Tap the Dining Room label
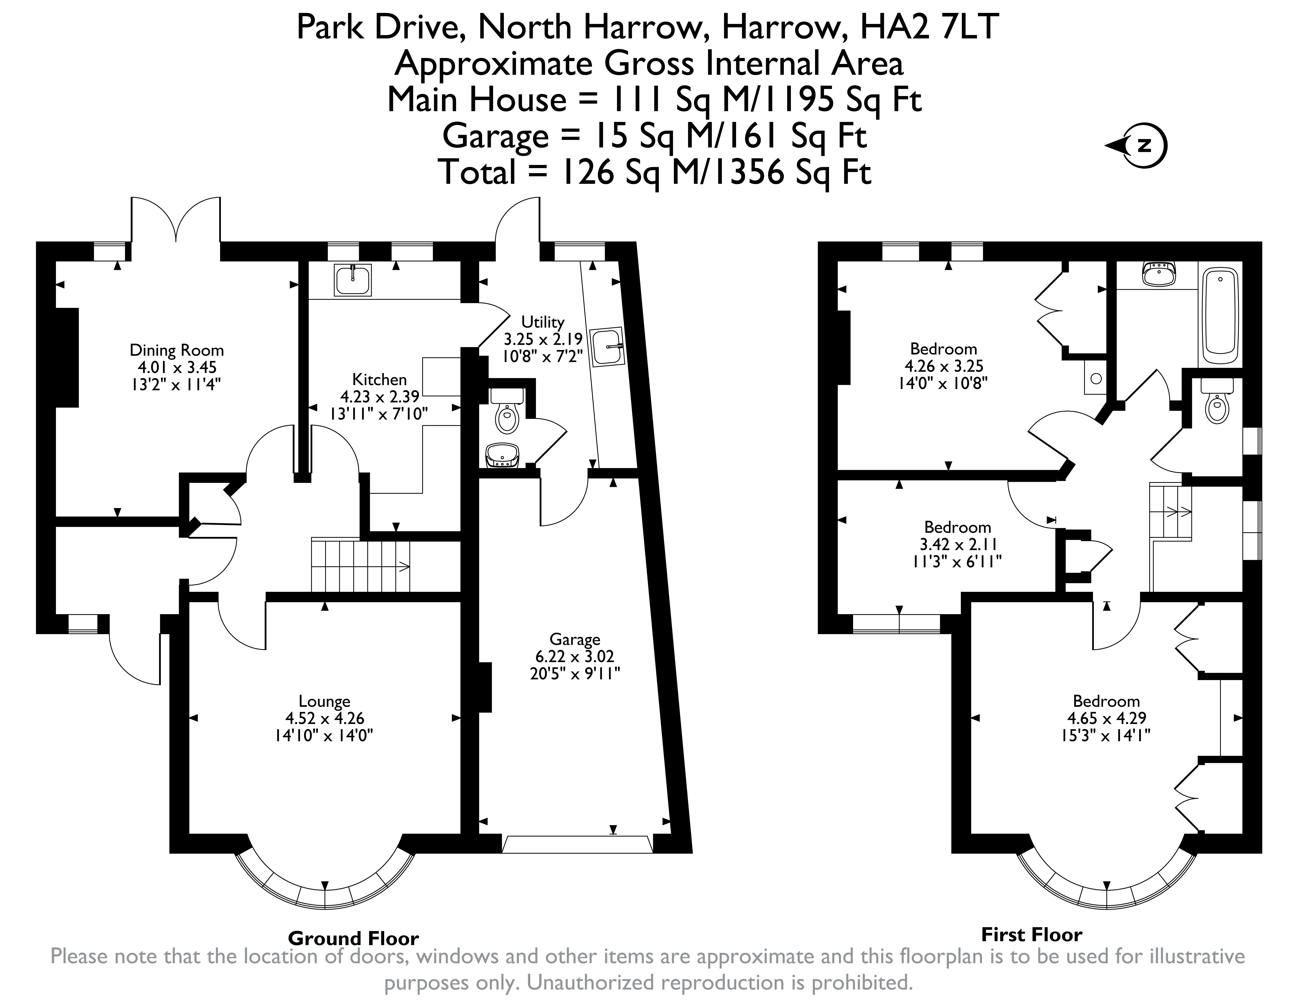coord(177,350)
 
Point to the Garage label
coord(575,639)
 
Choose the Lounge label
coord(324,702)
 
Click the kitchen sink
coord(353,280)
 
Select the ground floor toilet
coord(506,410)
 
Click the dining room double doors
coord(176,220)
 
